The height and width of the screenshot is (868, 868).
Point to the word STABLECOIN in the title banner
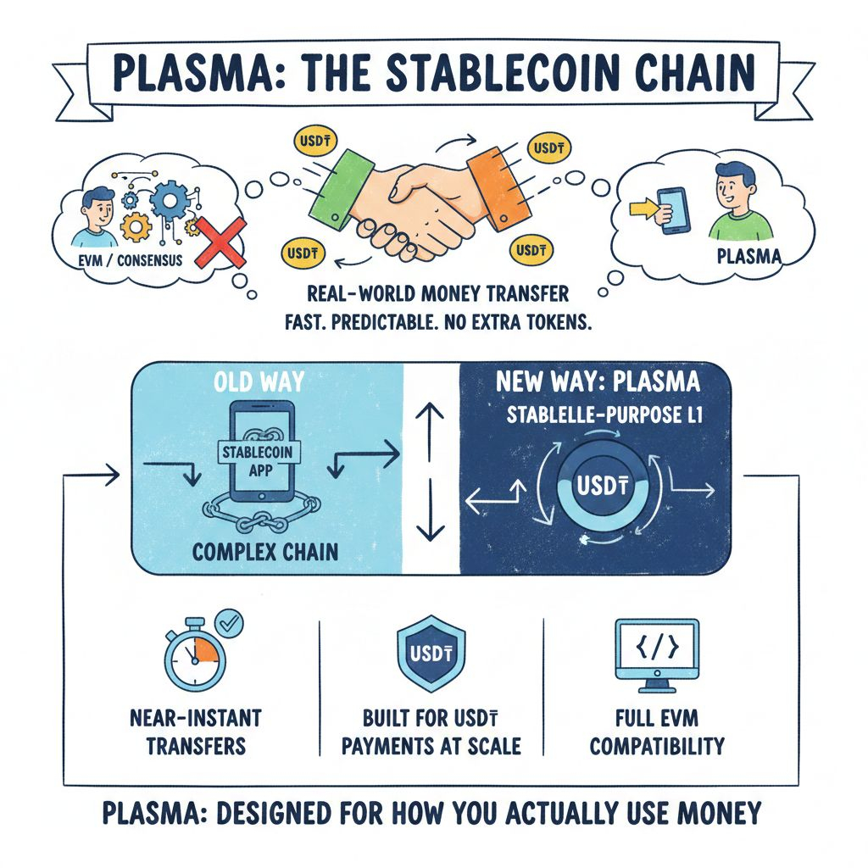pos(475,75)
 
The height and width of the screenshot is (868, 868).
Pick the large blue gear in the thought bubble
pos(172,202)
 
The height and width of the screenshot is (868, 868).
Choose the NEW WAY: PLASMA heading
pos(599,382)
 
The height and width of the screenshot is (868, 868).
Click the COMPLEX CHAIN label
pos(265,551)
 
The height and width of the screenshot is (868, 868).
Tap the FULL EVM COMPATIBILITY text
pos(657,732)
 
